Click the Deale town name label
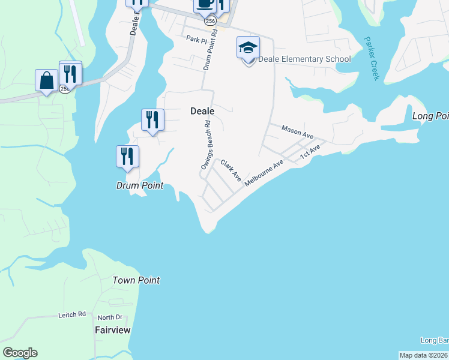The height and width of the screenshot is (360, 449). (x=202, y=111)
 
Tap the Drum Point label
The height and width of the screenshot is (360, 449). (x=139, y=186)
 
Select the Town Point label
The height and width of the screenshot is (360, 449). (x=136, y=280)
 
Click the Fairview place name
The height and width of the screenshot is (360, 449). (x=113, y=330)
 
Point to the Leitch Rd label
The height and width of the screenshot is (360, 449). (x=73, y=314)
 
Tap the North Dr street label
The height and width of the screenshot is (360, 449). (x=110, y=317)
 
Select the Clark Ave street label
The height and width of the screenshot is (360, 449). (x=231, y=170)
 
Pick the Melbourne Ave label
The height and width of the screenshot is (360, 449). (x=264, y=172)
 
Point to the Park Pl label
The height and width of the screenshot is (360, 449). (x=196, y=40)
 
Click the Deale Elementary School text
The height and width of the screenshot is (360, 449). (x=304, y=59)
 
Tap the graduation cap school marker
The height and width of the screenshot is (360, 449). (x=248, y=48)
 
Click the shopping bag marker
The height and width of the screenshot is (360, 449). (x=46, y=80)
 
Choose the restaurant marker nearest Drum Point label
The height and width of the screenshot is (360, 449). (x=127, y=156)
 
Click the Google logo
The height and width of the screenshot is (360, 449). (x=20, y=353)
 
